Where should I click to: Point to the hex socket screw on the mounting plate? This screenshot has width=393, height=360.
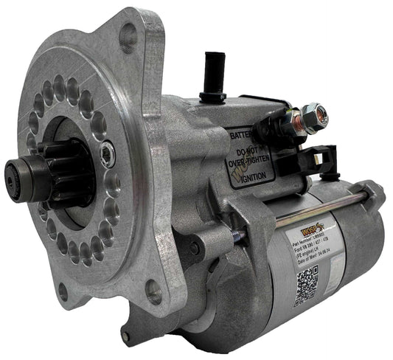(x=108, y=153)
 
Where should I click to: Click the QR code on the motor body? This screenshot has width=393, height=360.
(x=306, y=284)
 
